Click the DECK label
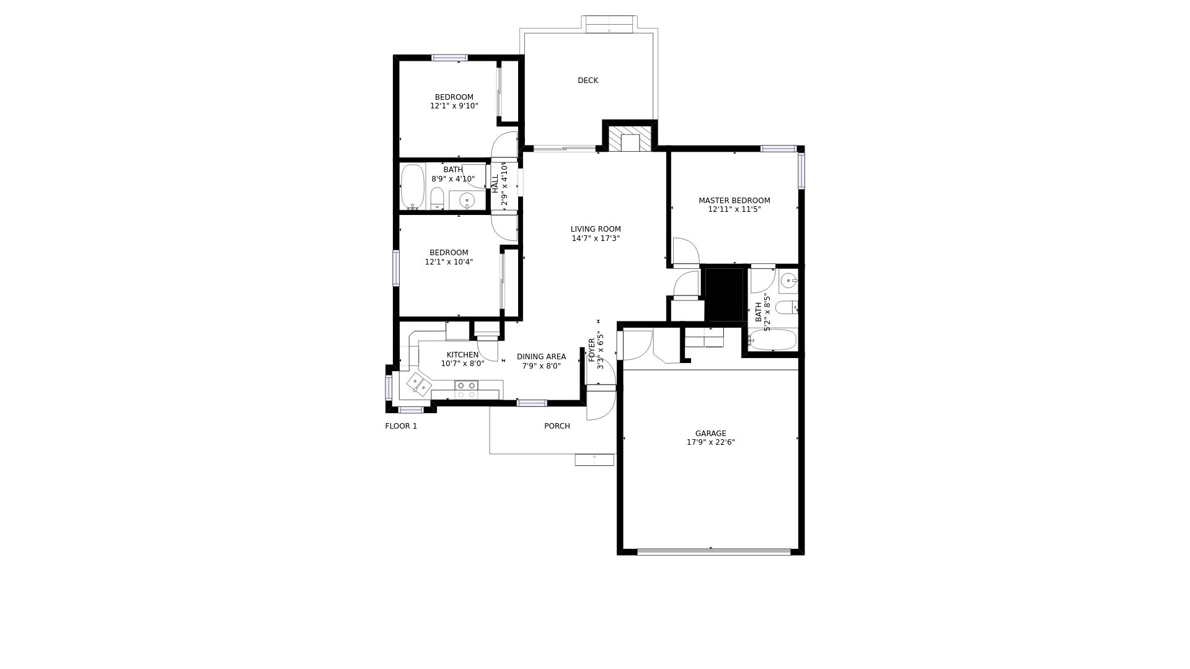click(x=588, y=81)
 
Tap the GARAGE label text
click(x=710, y=434)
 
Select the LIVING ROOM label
click(x=596, y=229)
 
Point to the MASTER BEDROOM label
click(x=734, y=201)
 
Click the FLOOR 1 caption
click(x=401, y=426)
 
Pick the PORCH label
click(x=557, y=426)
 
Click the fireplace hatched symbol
click(x=630, y=139)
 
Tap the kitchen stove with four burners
click(x=466, y=390)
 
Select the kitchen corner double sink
click(x=419, y=383)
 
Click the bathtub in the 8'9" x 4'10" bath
click(x=412, y=186)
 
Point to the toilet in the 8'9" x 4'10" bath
click(x=437, y=198)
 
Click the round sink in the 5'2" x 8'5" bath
click(x=788, y=281)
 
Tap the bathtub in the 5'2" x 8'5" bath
click(x=772, y=340)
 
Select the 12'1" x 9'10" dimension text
click(x=454, y=106)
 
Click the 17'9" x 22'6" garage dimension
click(x=710, y=442)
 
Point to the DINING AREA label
click(x=541, y=357)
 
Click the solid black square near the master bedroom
click(x=724, y=294)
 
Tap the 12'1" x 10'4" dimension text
click(x=449, y=262)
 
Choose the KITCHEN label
click(x=462, y=355)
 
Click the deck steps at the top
click(x=609, y=24)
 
